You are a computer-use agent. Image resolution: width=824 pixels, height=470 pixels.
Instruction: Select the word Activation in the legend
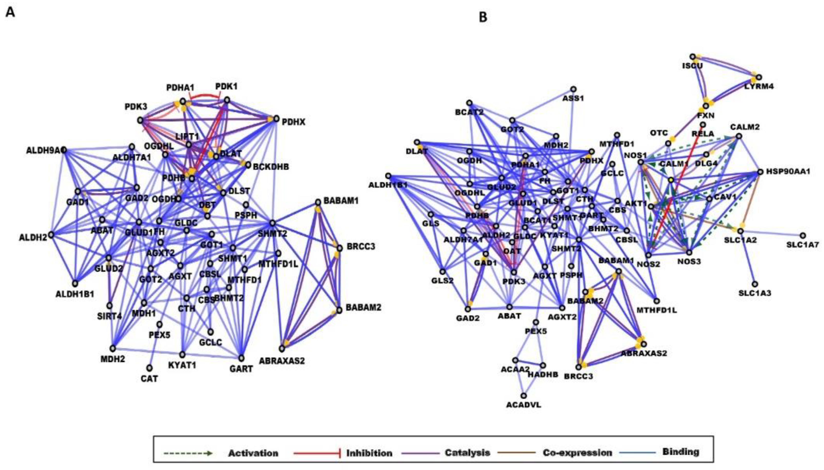(x=253, y=453)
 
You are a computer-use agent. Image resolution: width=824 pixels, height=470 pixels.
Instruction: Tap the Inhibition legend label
(x=369, y=453)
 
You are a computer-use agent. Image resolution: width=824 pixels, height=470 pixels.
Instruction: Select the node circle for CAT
(x=150, y=368)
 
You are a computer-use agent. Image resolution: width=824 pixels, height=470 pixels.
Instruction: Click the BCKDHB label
(x=271, y=167)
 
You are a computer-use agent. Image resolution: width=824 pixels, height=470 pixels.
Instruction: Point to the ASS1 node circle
(x=573, y=89)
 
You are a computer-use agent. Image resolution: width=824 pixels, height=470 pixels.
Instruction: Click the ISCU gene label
(x=692, y=66)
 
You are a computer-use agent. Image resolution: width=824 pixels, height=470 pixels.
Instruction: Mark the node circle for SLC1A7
(x=803, y=236)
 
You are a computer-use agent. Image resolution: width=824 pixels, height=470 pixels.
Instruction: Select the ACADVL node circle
(x=524, y=395)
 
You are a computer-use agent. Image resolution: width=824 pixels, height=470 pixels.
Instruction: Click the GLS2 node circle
(x=442, y=272)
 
